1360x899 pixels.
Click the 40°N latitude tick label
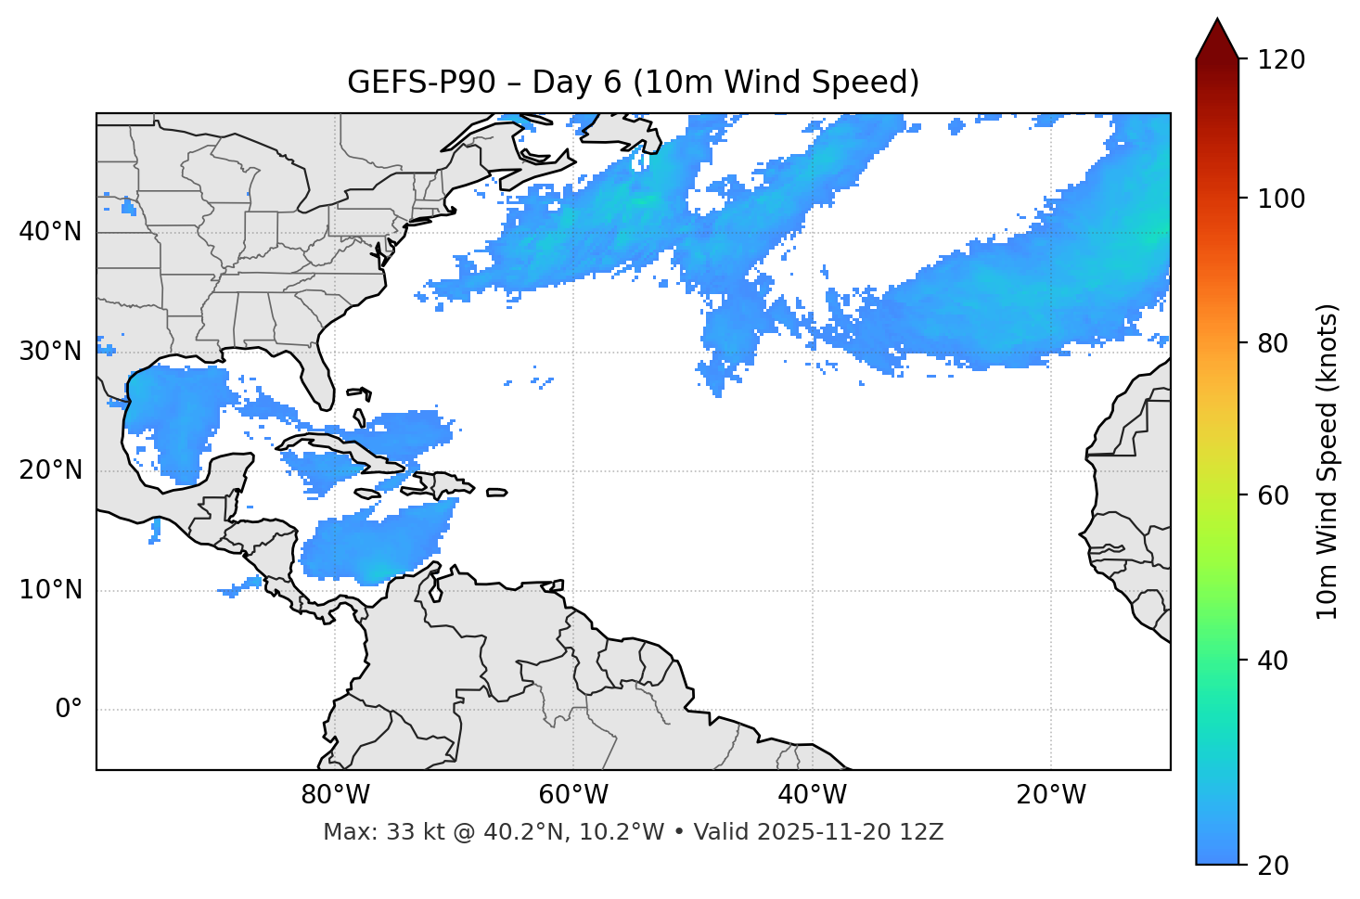pyautogui.click(x=50, y=232)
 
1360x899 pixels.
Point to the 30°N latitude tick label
pyautogui.click(x=50, y=352)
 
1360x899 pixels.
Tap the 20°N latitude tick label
pyautogui.click(x=50, y=470)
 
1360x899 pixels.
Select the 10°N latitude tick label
pyautogui.click(x=50, y=590)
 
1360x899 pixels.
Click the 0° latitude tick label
pyautogui.click(x=69, y=710)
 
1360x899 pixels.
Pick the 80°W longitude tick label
pyautogui.click(x=335, y=795)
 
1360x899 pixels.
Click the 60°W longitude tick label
pyautogui.click(x=573, y=795)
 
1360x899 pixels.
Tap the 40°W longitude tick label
pyautogui.click(x=812, y=795)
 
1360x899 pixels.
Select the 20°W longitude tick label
pyautogui.click(x=1051, y=795)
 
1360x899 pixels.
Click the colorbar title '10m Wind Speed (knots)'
pyautogui.click(x=1328, y=461)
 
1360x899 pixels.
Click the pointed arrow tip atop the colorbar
pyautogui.click(x=1217, y=20)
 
